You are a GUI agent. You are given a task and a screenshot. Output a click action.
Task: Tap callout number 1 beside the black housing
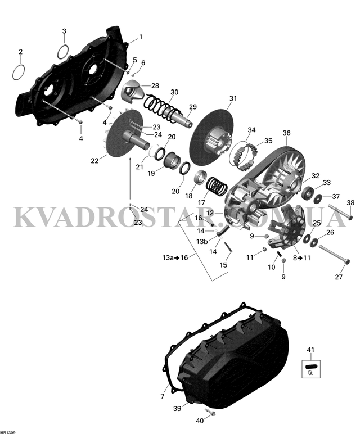140,37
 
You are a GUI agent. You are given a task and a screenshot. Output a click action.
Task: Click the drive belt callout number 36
286,133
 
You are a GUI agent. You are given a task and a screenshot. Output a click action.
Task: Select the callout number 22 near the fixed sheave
94,161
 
